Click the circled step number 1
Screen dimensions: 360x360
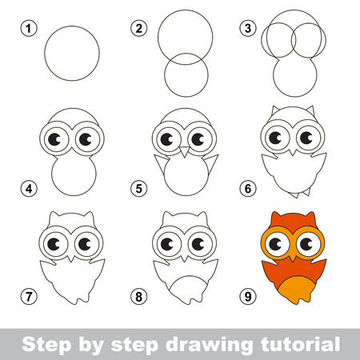click(29, 29)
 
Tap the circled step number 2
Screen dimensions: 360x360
click(138, 28)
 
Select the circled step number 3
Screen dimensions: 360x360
click(248, 28)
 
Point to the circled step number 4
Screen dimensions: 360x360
click(29, 189)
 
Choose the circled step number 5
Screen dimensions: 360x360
click(138, 189)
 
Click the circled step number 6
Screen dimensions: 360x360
click(248, 189)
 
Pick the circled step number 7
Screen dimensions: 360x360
click(29, 296)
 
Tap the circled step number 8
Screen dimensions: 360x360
click(138, 297)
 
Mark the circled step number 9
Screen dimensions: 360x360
click(248, 296)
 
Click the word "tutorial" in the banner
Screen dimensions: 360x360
click(300, 344)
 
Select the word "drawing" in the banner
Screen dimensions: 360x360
click(209, 346)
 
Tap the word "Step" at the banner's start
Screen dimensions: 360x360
click(46, 346)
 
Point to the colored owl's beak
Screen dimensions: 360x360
click(293, 258)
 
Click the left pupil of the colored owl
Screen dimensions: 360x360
click(275, 243)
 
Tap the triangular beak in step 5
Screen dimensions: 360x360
click(185, 151)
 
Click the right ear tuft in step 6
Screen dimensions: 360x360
click(310, 111)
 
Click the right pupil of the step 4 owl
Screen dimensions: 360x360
click(86, 139)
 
